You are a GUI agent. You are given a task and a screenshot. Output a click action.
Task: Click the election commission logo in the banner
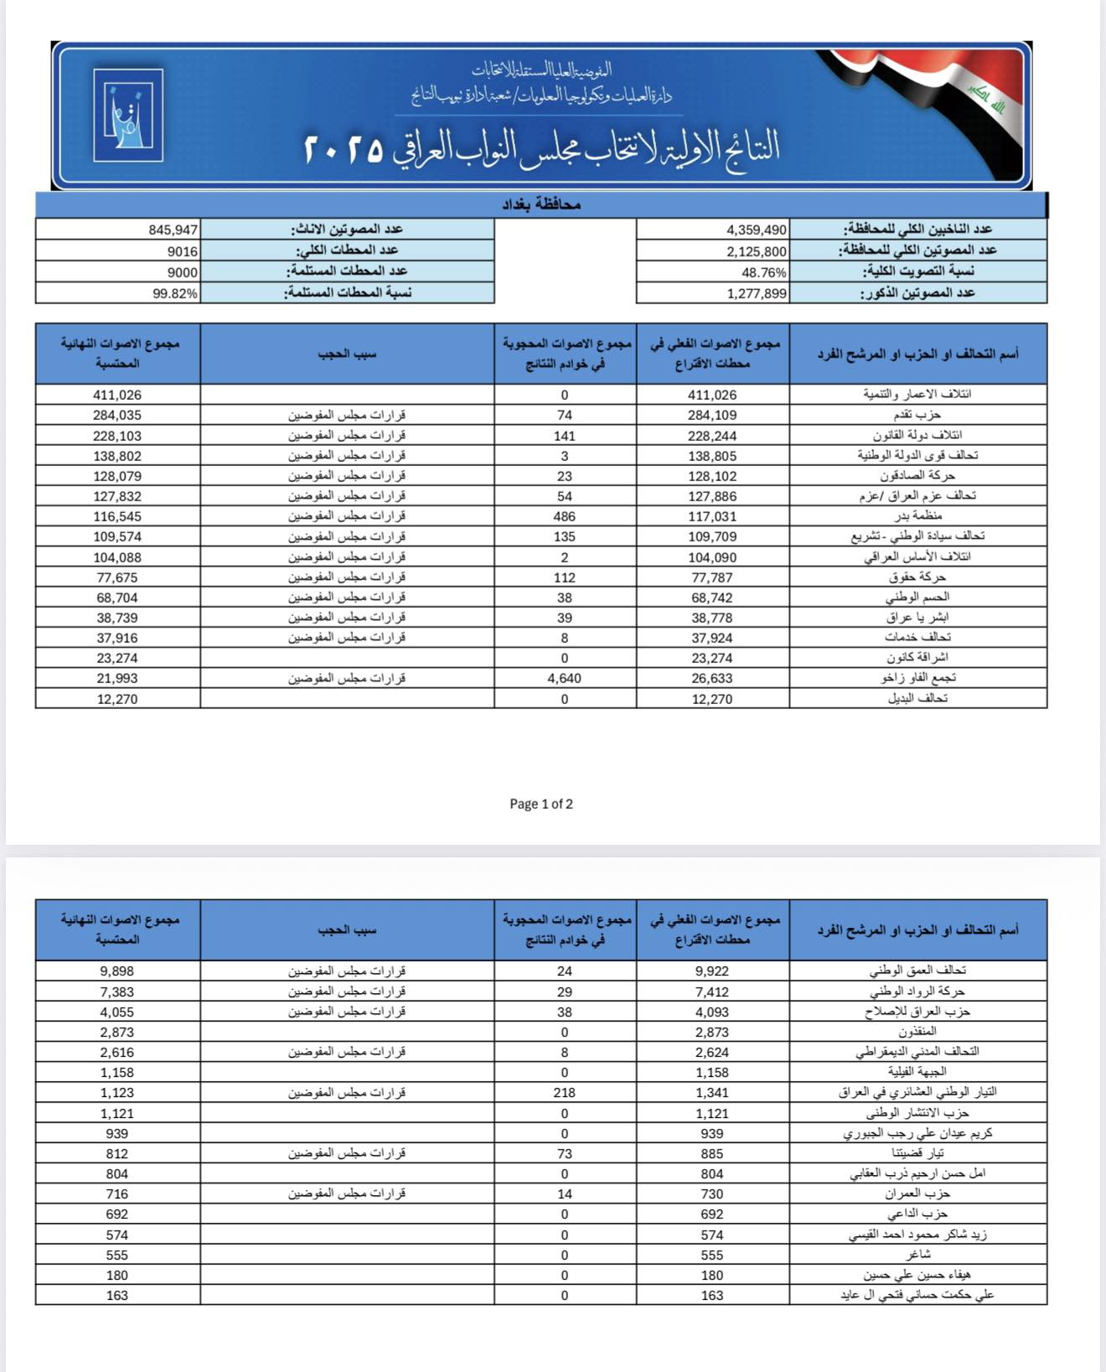(x=127, y=116)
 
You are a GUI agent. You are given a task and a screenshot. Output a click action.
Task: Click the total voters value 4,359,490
(x=757, y=230)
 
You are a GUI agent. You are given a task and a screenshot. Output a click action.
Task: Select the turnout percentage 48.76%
(x=764, y=272)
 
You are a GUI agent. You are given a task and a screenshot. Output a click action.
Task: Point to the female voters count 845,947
(x=173, y=230)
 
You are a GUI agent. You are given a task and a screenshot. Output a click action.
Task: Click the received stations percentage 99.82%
(x=175, y=293)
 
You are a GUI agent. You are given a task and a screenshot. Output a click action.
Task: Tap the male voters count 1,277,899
(x=757, y=293)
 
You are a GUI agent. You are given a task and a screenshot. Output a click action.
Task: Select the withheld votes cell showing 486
(x=565, y=516)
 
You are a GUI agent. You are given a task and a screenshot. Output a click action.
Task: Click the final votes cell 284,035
(x=117, y=415)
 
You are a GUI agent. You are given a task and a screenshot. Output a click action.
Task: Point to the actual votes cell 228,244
(x=712, y=436)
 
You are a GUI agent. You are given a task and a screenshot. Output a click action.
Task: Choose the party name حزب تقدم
(x=917, y=415)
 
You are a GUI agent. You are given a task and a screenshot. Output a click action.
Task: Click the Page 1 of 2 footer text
(x=541, y=804)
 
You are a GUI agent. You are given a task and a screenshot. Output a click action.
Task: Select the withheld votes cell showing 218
(x=565, y=1093)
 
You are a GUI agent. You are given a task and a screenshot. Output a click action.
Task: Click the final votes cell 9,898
(x=117, y=971)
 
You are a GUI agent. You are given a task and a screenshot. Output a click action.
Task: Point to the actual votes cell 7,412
(x=712, y=991)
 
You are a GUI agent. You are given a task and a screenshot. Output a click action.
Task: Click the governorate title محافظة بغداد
(x=541, y=205)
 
